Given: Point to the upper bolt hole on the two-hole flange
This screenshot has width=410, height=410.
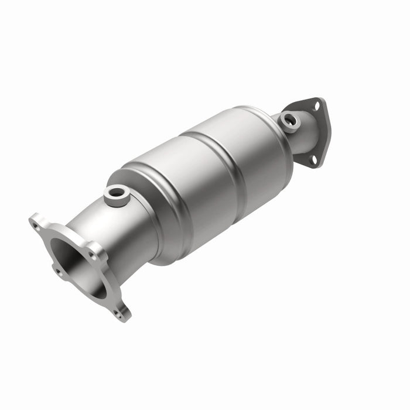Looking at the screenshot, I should click(x=316, y=107).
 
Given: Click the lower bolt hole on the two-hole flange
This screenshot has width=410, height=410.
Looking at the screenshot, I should click(x=313, y=159).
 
